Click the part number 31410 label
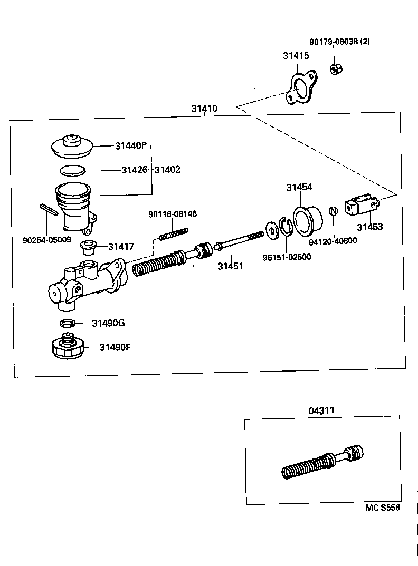(x=204, y=109)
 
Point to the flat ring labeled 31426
(x=72, y=170)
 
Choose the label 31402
(x=167, y=170)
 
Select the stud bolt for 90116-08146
(x=173, y=233)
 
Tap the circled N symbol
(x=332, y=211)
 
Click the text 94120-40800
(x=332, y=241)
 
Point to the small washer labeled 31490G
(x=67, y=323)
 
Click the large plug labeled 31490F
(x=67, y=346)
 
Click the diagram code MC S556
(x=383, y=508)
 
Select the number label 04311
(x=321, y=411)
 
